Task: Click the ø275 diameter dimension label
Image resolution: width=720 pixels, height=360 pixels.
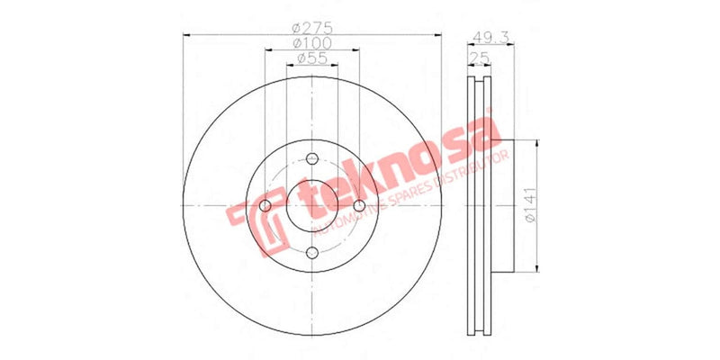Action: pos(312,27)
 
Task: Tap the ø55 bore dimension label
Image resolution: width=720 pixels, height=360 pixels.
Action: pos(312,58)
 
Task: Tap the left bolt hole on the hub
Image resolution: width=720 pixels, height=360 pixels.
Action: pos(265,206)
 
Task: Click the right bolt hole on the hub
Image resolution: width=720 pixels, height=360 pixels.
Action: pos(359,206)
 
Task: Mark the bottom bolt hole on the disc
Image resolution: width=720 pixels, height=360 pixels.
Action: pos(312,253)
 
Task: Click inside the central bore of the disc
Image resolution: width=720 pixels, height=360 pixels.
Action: pos(312,206)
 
